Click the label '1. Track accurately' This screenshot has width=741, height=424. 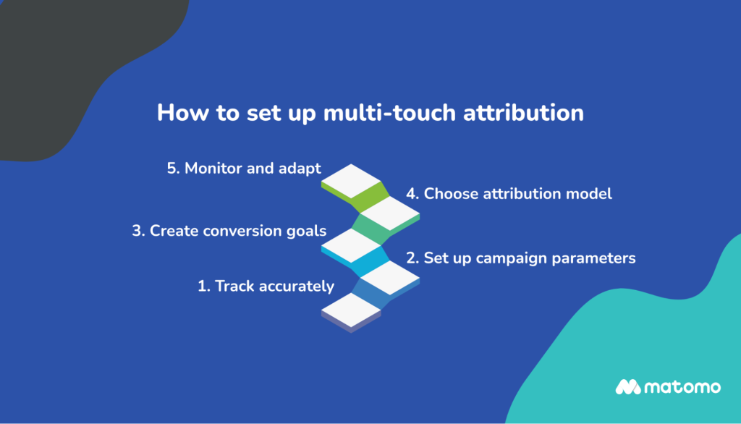pyautogui.click(x=266, y=286)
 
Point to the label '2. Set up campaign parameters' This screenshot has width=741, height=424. pyautogui.click(x=520, y=258)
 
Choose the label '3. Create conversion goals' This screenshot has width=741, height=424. pyautogui.click(x=229, y=232)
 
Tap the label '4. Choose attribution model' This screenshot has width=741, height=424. pyautogui.click(x=508, y=194)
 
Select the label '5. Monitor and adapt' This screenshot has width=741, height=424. pyautogui.click(x=243, y=169)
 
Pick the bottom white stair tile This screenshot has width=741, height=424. pyautogui.click(x=351, y=308)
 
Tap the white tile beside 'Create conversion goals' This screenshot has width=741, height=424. pyautogui.click(x=351, y=243)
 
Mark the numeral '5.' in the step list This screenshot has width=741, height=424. pyautogui.click(x=172, y=169)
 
